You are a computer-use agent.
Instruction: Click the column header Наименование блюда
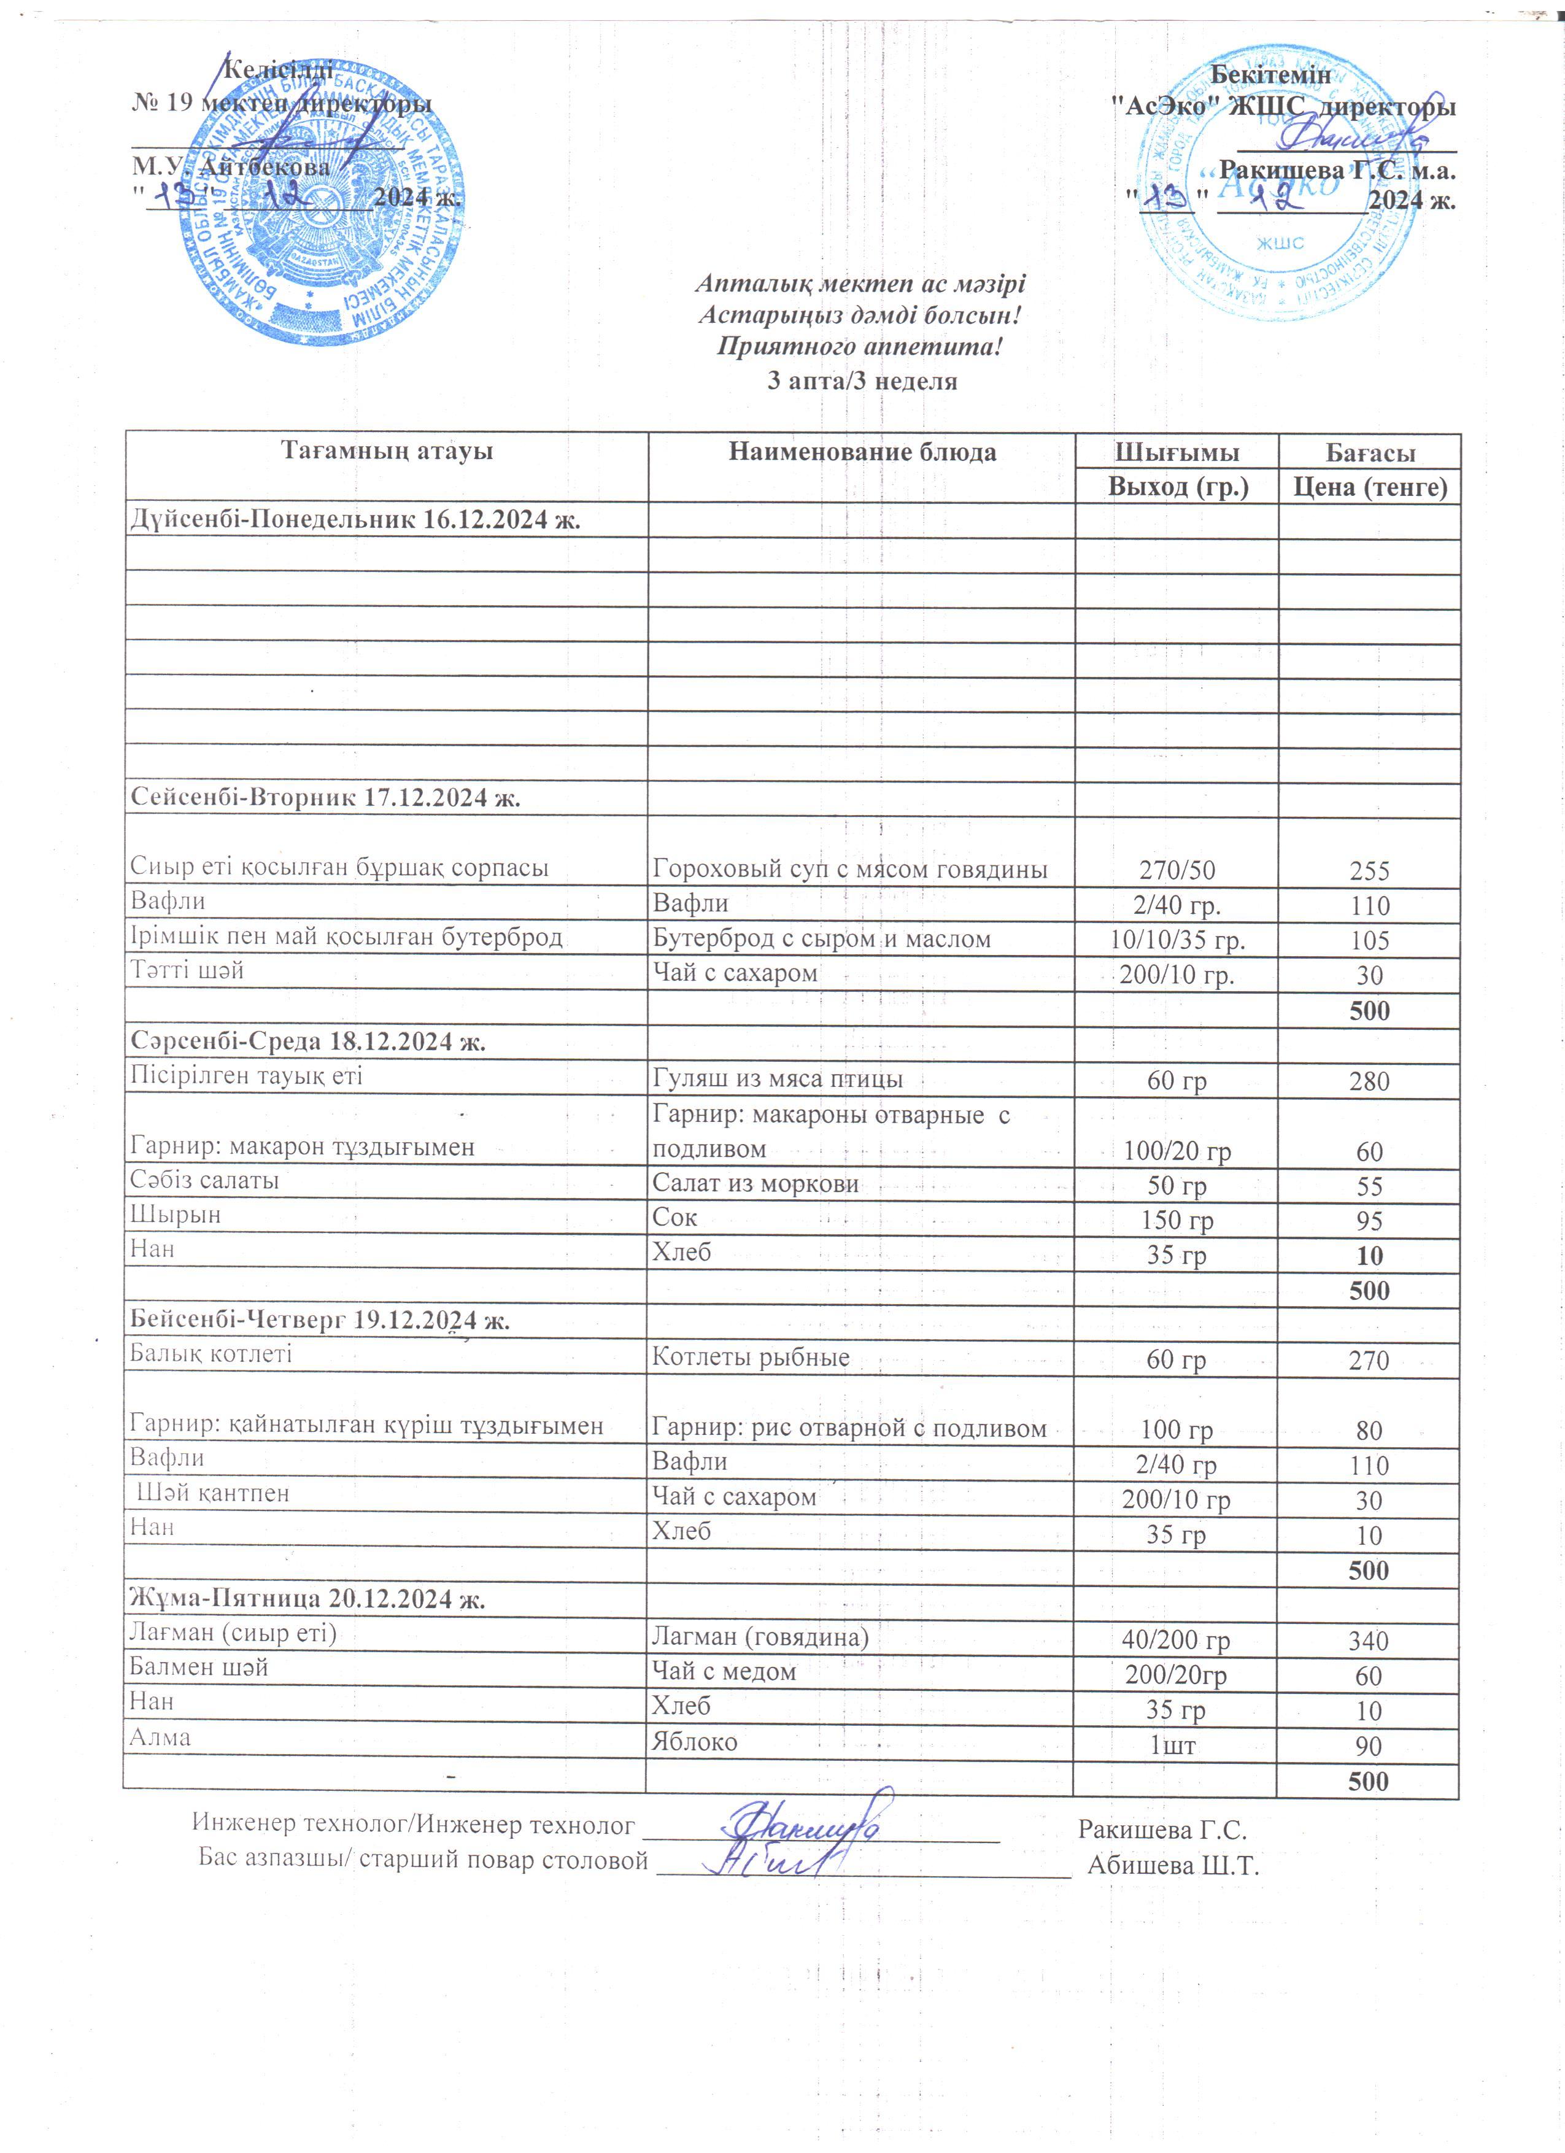pos(862,452)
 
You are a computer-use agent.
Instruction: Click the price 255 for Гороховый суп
pos(1369,870)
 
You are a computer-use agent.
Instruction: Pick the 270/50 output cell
pos(1177,870)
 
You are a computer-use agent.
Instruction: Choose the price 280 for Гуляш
pos(1369,1081)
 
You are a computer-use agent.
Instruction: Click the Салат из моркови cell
pos(755,1184)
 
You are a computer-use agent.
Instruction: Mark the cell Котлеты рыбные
pos(750,1358)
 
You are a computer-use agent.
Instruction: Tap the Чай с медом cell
pos(723,1672)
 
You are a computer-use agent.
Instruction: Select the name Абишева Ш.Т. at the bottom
pos(1172,1865)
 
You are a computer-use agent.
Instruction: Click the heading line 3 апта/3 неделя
pos(862,382)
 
